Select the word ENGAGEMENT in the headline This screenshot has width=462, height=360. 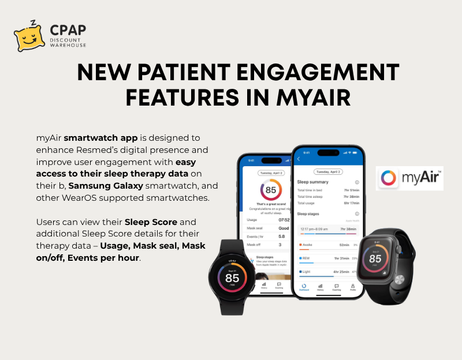coord(313,73)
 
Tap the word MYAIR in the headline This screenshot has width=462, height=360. coord(312,97)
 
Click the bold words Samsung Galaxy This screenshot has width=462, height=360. coord(100,185)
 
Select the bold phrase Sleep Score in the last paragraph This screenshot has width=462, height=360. coord(147,222)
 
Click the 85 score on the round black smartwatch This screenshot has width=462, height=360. coord(232,277)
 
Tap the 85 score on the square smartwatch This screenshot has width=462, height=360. coord(375,259)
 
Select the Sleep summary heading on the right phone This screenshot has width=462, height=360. coord(312,182)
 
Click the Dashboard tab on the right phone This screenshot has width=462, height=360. coord(304,287)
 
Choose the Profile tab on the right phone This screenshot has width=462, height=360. coord(352,287)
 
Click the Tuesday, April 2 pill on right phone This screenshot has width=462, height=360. coord(327,172)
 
